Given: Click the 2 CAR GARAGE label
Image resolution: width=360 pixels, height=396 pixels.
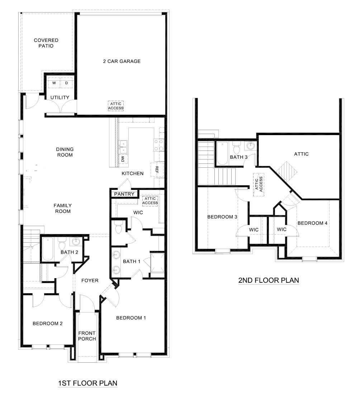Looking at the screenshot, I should pyautogui.click(x=122, y=61).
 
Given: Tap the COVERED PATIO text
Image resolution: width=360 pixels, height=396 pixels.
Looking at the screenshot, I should pyautogui.click(x=46, y=43).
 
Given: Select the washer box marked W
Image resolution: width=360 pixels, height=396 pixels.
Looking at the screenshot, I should pyautogui.click(x=54, y=83).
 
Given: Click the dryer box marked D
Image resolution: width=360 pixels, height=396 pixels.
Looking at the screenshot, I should pyautogui.click(x=66, y=83).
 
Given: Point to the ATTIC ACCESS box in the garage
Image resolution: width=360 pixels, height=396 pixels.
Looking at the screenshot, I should pyautogui.click(x=116, y=106).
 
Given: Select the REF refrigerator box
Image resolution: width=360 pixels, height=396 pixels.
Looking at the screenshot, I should pyautogui.click(x=157, y=168).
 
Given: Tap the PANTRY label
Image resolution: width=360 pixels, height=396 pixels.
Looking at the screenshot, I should pyautogui.click(x=124, y=194).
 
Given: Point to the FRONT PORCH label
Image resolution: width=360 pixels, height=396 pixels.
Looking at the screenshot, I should pyautogui.click(x=87, y=336).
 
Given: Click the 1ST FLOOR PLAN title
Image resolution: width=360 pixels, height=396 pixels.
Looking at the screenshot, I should pyautogui.click(x=87, y=383).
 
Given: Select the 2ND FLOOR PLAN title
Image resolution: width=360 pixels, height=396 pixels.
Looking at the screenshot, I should pyautogui.click(x=269, y=280).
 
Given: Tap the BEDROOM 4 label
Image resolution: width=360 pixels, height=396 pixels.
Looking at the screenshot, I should pyautogui.click(x=312, y=223).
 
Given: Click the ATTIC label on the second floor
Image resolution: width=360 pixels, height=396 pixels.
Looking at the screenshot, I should pyautogui.click(x=301, y=154).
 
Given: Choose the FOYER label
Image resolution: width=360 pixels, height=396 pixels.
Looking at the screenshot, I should pyautogui.click(x=90, y=280).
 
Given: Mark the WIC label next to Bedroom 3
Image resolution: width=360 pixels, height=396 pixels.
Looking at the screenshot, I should pyautogui.click(x=254, y=229).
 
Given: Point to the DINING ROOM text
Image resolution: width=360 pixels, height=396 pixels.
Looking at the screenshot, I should pyautogui.click(x=65, y=152).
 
